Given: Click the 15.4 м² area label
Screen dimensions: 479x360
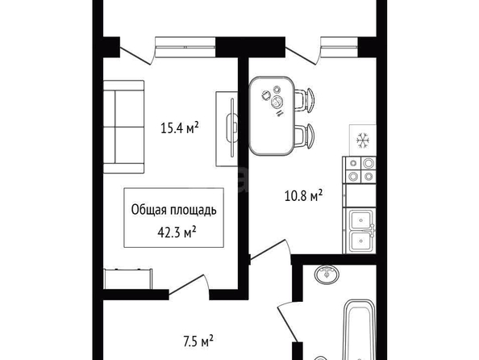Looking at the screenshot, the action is (x=180, y=128).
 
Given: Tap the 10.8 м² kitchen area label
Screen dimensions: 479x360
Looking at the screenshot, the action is (x=303, y=196).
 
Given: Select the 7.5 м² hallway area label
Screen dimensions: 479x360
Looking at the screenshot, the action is (x=198, y=341).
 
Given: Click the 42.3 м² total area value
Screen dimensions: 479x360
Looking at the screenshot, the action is (x=177, y=232).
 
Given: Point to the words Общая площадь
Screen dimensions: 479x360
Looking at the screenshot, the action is (x=174, y=210).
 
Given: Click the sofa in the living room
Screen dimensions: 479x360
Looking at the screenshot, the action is (x=123, y=127).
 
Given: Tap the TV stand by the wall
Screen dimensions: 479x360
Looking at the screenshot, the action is (x=227, y=129).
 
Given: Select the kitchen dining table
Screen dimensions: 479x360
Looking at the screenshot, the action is (x=271, y=116).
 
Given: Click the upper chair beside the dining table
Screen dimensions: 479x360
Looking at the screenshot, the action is (x=305, y=100).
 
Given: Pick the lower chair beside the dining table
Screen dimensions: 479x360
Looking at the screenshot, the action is (x=305, y=136).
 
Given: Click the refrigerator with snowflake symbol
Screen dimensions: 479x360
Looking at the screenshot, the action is (x=363, y=140).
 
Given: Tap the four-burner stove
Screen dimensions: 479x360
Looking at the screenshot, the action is (x=360, y=170).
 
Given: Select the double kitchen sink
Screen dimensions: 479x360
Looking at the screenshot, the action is (x=360, y=231).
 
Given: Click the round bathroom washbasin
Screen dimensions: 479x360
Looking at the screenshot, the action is (x=327, y=274).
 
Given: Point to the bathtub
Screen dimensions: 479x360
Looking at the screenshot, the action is (x=360, y=329).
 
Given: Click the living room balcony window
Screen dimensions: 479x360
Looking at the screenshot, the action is (x=185, y=47).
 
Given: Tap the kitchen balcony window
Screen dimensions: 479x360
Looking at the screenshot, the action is (x=339, y=47).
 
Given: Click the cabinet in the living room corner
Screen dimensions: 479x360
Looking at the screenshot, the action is (x=128, y=278).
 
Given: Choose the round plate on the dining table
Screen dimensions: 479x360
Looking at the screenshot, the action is (x=277, y=102).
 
